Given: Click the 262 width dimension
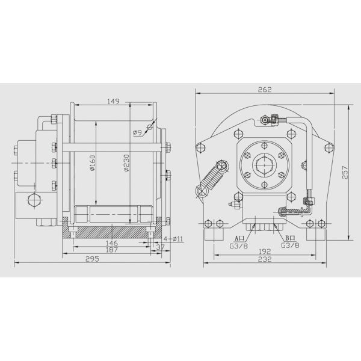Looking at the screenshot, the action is [265, 90].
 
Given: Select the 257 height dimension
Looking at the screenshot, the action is [345, 173].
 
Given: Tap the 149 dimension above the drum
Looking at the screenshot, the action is [113, 101].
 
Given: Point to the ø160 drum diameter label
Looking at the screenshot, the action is [93, 163].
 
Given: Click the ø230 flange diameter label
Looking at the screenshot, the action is [126, 163].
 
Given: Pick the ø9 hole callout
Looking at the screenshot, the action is [137, 132].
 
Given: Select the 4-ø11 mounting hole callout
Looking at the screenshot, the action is [173, 239].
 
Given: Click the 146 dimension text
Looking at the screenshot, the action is [112, 243].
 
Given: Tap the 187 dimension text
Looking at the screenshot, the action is [112, 250].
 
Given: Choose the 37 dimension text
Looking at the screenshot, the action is [161, 247].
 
